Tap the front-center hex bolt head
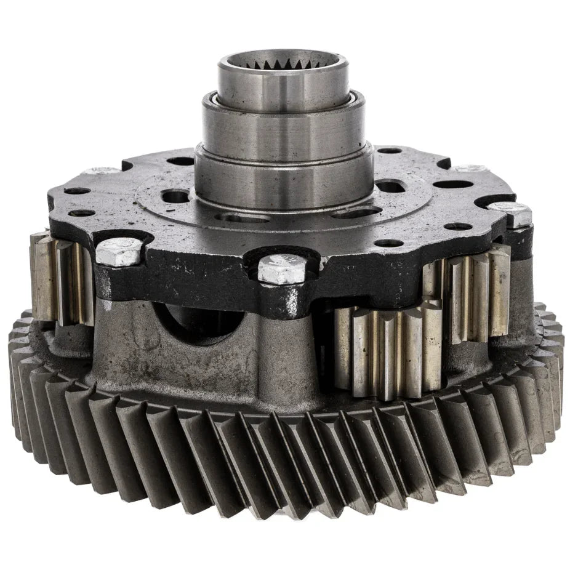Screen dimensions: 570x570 pyautogui.click(x=281, y=268)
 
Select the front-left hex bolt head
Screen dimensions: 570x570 pyautogui.click(x=119, y=252)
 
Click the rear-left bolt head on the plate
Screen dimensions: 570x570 pyautogui.click(x=102, y=171)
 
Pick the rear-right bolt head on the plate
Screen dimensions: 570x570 pyautogui.click(x=471, y=168)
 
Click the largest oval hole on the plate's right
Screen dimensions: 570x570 pyautogui.click(x=452, y=184)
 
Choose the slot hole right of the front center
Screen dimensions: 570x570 pyautogui.click(x=357, y=213)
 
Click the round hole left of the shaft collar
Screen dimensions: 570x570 pyautogui.click(x=175, y=196)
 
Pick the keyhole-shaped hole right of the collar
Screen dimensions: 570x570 pyautogui.click(x=390, y=185)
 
